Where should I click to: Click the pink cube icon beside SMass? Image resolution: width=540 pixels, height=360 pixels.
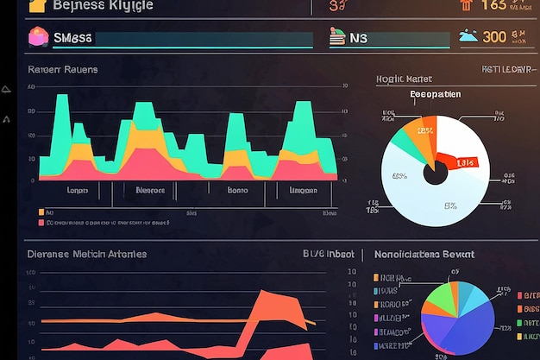(x=40, y=37)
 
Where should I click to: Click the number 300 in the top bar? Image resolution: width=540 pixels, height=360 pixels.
(x=494, y=36)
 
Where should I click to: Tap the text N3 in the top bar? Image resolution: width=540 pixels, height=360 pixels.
(x=359, y=38)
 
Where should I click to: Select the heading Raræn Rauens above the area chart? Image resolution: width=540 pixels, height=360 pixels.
(x=62, y=69)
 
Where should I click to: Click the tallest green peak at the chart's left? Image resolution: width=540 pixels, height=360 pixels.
(x=62, y=108)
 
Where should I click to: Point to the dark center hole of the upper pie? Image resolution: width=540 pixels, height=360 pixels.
(x=436, y=173)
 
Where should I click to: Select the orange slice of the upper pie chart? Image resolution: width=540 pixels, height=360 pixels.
(x=425, y=132)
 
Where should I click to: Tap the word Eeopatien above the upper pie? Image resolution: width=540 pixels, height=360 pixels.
(x=435, y=94)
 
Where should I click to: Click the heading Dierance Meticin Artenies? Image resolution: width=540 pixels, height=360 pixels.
(x=86, y=254)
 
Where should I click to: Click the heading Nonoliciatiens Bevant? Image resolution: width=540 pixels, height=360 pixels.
(x=424, y=255)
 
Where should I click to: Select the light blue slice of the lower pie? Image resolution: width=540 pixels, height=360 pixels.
(x=470, y=298)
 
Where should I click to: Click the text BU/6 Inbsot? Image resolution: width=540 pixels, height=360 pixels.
(x=329, y=254)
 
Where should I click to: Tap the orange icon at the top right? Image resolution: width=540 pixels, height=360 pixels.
(x=466, y=5)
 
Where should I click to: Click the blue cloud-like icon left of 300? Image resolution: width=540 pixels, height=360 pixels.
(x=468, y=36)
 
